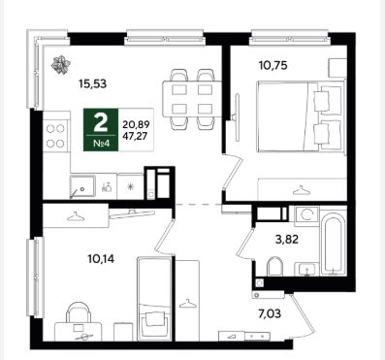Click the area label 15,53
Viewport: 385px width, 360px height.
92,84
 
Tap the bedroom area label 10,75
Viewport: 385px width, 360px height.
273,66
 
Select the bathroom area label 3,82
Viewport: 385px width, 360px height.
287,240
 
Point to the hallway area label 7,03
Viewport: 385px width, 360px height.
270,313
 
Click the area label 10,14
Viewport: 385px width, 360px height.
101,259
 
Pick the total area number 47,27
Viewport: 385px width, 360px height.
135,136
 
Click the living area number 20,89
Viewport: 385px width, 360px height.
135,124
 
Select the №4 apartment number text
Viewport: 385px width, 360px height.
101,143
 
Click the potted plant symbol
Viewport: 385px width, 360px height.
61,64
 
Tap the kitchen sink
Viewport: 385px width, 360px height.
82,186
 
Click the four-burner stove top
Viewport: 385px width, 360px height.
55,136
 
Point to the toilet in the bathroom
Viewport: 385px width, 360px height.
275,267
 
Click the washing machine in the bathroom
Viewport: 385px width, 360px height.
306,214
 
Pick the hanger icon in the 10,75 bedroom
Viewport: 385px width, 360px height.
302,190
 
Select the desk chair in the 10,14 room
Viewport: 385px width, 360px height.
79,312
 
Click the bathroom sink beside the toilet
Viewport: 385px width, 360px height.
306,270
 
